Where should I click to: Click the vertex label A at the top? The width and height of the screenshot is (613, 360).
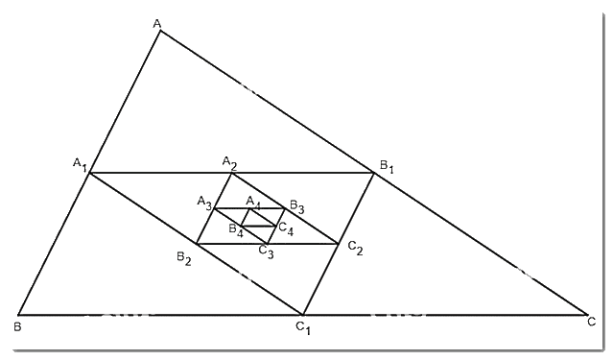(156, 24)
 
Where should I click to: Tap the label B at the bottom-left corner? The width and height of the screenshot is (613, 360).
(17, 326)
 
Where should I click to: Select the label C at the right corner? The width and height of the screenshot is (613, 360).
(592, 322)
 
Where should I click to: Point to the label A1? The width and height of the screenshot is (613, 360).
(80, 164)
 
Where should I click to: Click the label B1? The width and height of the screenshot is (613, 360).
(387, 166)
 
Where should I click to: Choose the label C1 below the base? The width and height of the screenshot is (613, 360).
(303, 328)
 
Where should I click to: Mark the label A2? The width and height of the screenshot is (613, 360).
(229, 163)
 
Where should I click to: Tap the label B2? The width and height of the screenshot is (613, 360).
(184, 258)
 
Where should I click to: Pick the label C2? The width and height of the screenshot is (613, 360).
(355, 248)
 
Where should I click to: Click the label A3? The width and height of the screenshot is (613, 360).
(204, 203)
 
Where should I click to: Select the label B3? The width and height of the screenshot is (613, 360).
(296, 206)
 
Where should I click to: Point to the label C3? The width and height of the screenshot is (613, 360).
(267, 252)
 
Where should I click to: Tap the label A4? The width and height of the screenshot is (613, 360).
(253, 203)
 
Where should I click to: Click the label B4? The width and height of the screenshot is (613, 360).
(236, 230)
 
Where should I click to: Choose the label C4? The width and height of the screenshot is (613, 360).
(286, 228)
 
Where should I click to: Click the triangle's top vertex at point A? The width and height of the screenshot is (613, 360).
(159, 30)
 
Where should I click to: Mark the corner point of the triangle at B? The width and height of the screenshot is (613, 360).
(18, 314)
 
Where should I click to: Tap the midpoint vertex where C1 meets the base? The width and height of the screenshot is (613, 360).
(302, 314)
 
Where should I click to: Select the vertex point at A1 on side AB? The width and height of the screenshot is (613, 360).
(89, 173)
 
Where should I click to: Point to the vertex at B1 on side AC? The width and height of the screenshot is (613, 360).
(374, 173)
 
